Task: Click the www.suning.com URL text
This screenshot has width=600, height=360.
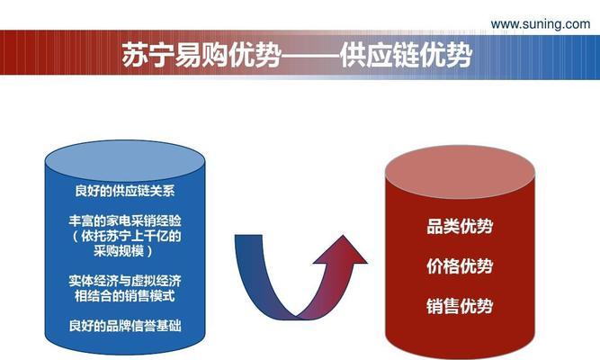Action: click(541, 24)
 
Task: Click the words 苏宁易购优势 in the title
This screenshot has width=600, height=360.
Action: click(202, 55)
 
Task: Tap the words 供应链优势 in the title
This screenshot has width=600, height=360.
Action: click(406, 55)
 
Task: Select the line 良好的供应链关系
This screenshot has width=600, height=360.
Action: click(125, 191)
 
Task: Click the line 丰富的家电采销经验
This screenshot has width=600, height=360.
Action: click(125, 221)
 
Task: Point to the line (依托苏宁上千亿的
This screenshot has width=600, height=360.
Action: click(125, 236)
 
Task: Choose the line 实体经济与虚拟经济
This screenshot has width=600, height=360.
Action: click(125, 281)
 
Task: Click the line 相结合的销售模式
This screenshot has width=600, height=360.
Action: click(125, 296)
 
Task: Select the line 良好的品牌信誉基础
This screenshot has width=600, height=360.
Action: click(125, 326)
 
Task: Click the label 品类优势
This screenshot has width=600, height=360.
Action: click(460, 226)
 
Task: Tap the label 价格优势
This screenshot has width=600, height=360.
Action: click(460, 266)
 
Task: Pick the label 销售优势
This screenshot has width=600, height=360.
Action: click(460, 306)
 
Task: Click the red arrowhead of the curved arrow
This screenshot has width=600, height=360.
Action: click(341, 251)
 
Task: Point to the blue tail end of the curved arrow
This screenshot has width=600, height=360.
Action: click(248, 238)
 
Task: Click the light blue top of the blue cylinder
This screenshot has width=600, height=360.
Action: click(125, 161)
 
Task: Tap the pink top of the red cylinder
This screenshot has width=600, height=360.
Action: click(460, 172)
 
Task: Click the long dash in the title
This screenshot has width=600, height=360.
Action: click(310, 58)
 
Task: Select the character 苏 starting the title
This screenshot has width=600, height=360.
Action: click(135, 55)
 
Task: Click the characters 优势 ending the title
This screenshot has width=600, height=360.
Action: click(446, 55)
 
